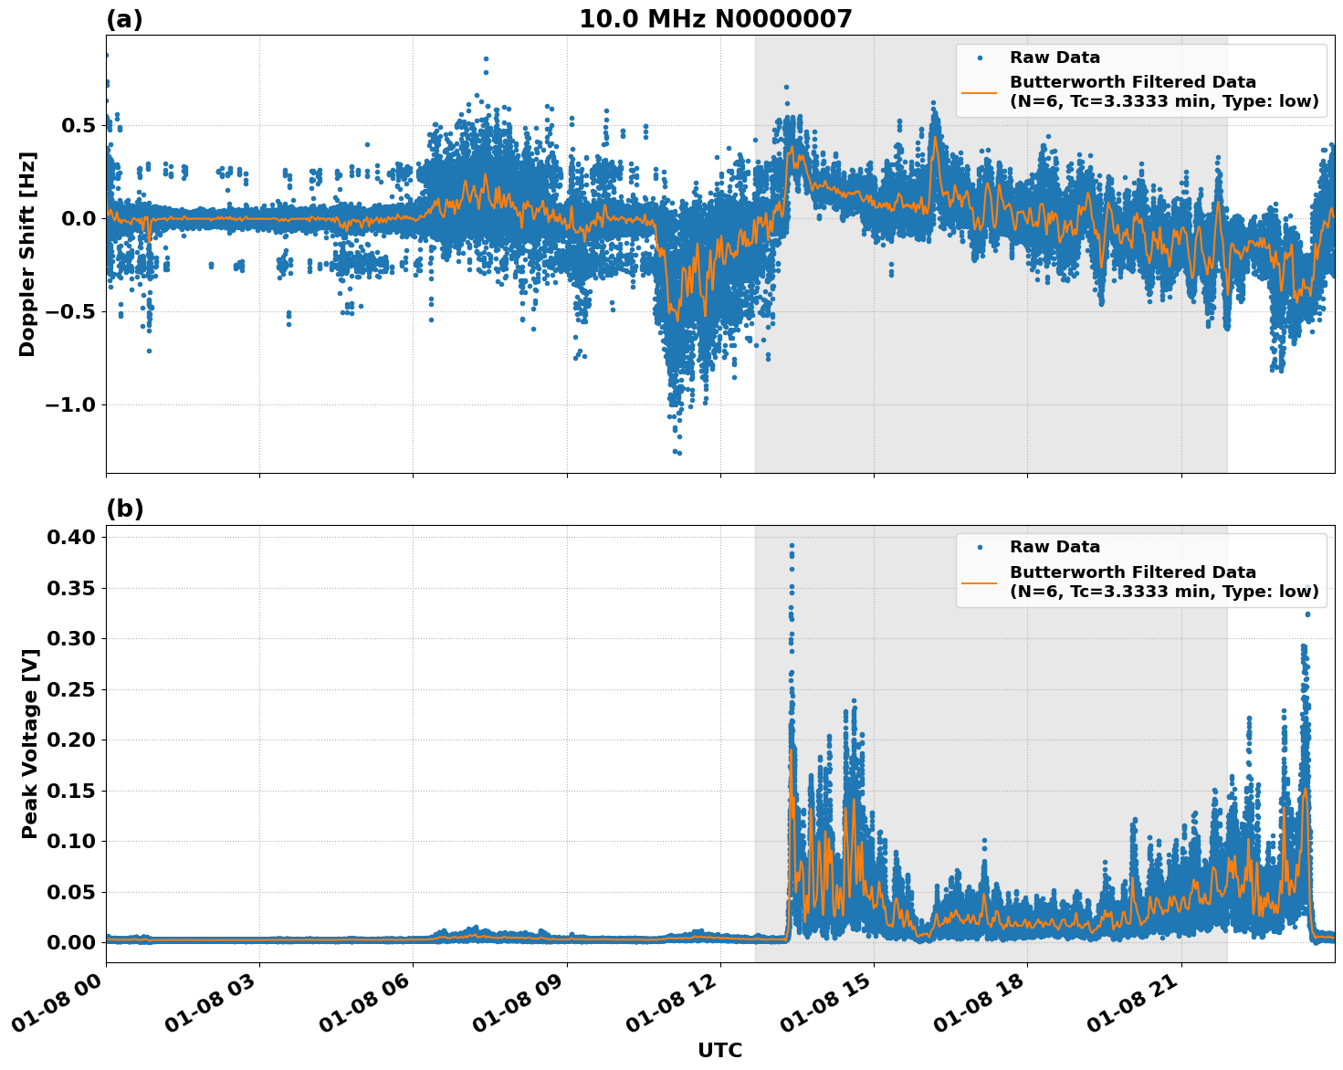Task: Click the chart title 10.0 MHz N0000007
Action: click(x=715, y=19)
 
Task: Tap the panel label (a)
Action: click(x=124, y=19)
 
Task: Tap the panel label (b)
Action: click(x=125, y=509)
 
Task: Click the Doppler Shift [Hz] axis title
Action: click(x=27, y=254)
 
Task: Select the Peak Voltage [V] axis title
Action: click(x=30, y=743)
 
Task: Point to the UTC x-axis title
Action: click(x=719, y=1051)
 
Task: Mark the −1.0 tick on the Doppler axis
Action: click(x=69, y=404)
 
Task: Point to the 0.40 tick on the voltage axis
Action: click(x=72, y=537)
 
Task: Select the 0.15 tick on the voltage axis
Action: click(x=72, y=791)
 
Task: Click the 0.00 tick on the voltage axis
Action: click(x=72, y=942)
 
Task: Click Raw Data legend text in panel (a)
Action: click(x=1054, y=58)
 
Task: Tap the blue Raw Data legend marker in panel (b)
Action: click(x=980, y=547)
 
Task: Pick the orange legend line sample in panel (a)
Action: click(x=980, y=91)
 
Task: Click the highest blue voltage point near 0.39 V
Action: click(x=792, y=545)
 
